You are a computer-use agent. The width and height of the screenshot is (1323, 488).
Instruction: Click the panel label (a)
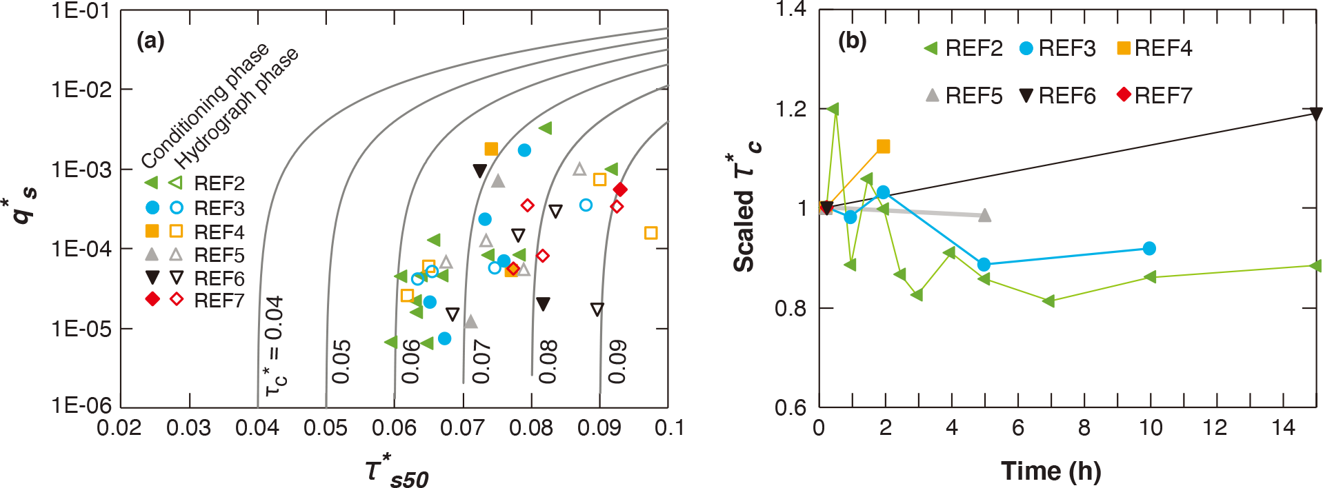[x=150, y=41]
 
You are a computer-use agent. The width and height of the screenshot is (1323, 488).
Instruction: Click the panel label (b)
[x=852, y=41]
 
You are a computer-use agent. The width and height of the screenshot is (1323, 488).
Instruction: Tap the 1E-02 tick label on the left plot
[x=81, y=90]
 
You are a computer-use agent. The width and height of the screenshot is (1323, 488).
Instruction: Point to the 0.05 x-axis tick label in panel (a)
[x=326, y=428]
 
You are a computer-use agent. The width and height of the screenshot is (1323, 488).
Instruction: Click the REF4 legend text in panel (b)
[x=1163, y=48]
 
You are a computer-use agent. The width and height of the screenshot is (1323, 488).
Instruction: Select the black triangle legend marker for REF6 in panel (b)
[x=1026, y=95]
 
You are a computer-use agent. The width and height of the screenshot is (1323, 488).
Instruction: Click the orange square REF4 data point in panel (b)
[x=883, y=146]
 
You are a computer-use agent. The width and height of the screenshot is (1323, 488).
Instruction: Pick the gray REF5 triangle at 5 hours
[x=985, y=215]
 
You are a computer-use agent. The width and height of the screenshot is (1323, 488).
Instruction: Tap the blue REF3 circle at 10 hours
[x=1149, y=248]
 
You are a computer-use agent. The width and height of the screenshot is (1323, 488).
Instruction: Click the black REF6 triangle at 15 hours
[x=1316, y=114]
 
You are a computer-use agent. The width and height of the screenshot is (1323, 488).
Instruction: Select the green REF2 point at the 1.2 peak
[x=833, y=109]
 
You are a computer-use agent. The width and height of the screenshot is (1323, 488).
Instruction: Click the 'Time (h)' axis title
[x=1051, y=471]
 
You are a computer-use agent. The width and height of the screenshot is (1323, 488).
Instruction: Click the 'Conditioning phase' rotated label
[x=205, y=105]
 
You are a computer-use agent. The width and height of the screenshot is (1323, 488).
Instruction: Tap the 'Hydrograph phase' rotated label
[x=237, y=108]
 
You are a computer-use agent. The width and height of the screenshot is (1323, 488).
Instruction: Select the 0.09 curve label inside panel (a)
[x=617, y=361]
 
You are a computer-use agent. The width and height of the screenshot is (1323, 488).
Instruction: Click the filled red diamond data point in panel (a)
[x=620, y=190]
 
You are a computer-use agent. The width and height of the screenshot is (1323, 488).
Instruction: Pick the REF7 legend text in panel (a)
[x=219, y=301]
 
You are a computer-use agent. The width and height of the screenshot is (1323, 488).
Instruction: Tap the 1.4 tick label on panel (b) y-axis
[x=791, y=10]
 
